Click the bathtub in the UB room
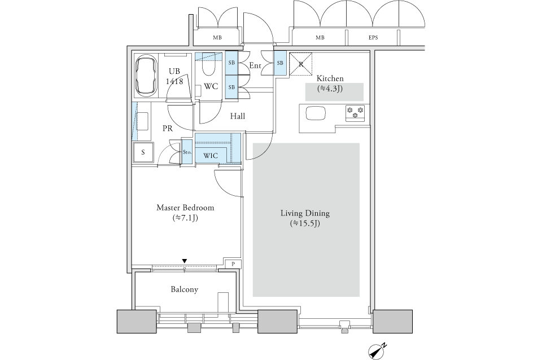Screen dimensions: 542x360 click(x=146, y=77)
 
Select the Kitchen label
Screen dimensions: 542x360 click(x=330, y=78)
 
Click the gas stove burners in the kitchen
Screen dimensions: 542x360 click(x=355, y=113)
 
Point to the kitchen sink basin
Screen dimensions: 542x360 click(x=315, y=113)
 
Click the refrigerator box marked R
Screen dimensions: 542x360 click(x=301, y=64)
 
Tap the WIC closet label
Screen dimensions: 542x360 click(x=211, y=156)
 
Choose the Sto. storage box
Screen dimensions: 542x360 click(x=187, y=152)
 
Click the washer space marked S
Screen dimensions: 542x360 click(x=143, y=152)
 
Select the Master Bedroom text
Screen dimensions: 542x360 click(x=185, y=208)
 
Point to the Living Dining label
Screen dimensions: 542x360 click(x=305, y=213)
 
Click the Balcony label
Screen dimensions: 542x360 click(x=184, y=289)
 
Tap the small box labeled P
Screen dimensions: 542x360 click(x=233, y=264)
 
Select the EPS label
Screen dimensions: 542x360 click(x=373, y=38)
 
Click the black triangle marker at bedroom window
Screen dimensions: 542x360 click(x=185, y=261)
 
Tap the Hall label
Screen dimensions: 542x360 click(x=238, y=116)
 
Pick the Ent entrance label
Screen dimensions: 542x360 click(x=255, y=65)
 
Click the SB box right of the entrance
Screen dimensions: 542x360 click(x=280, y=63)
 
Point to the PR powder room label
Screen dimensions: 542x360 click(x=168, y=129)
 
